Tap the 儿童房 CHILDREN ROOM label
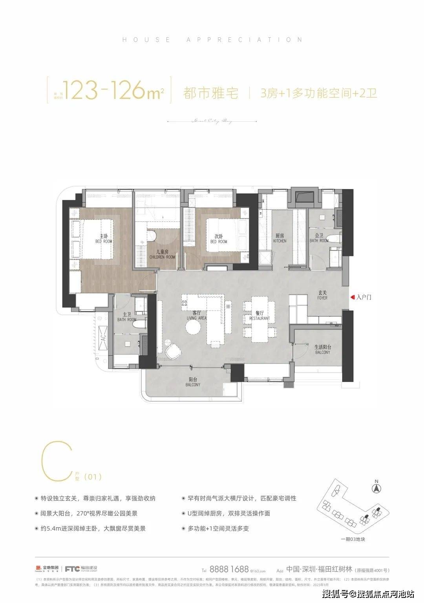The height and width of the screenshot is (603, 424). [162, 254]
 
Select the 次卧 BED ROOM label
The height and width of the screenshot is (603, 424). [219, 239]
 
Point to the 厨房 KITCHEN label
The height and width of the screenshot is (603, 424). [280, 238]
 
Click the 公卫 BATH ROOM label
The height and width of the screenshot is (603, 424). [319, 238]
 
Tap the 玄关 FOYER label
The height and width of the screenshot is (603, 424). [323, 295]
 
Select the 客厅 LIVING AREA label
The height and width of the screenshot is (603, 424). [196, 315]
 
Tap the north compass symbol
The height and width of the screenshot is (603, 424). [376, 488]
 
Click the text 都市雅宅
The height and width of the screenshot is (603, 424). [210, 93]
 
